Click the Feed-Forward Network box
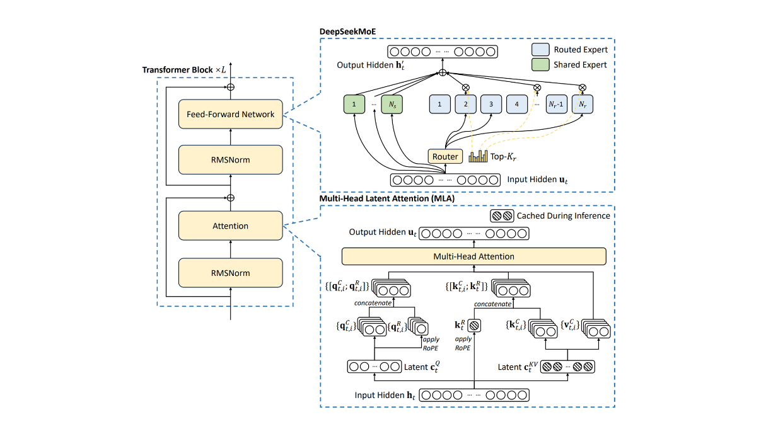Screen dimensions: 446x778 pos(230,115)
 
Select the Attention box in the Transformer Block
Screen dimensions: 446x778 pos(230,226)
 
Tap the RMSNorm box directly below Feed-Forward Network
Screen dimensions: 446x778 pos(230,160)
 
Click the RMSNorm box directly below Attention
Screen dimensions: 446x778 pos(230,273)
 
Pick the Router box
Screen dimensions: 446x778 pos(445,156)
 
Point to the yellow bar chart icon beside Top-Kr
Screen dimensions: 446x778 pos(477,156)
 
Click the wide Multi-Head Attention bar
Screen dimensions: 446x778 pos(473,256)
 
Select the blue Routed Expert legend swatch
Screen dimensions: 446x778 pos(540,49)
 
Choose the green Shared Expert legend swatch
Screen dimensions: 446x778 pos(540,64)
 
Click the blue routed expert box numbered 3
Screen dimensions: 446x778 pos(491,104)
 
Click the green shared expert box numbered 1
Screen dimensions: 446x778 pos(354,104)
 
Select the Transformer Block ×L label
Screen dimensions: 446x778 pos(183,69)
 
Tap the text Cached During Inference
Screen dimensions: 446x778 pos(563,215)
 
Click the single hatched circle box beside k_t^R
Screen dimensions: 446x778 pos(474,326)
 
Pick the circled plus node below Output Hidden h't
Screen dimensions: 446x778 pos(443,73)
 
